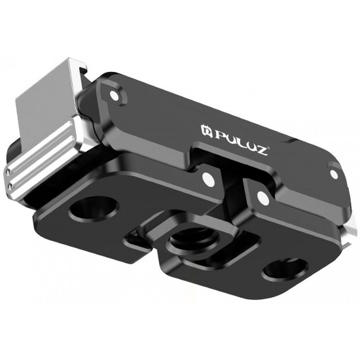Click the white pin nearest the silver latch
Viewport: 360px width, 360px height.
pos(115,96)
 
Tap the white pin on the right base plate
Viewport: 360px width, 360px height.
pos(262,196)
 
